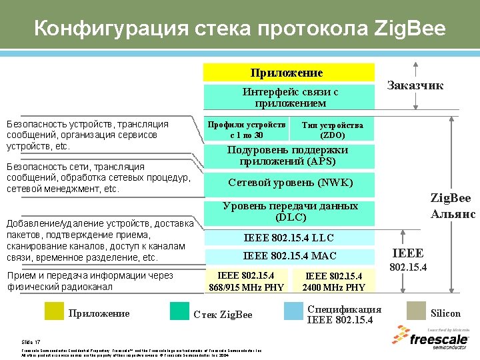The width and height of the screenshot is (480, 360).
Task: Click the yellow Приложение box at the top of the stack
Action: [x=287, y=73]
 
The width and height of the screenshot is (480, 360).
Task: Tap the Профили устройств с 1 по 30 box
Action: [x=246, y=130]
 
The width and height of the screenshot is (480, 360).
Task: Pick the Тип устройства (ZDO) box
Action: [x=331, y=130]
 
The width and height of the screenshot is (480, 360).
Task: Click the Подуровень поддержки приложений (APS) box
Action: [x=287, y=156]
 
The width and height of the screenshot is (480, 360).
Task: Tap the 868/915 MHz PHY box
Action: [x=246, y=281]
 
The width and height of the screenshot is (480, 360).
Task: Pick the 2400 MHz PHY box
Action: [x=333, y=281]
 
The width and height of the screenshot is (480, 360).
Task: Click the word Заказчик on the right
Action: [x=415, y=85]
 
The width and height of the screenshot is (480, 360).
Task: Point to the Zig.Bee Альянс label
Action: [x=452, y=206]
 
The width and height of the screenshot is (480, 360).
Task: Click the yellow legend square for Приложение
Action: [x=54, y=312]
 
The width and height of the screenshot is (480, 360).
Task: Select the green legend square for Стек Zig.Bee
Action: [x=179, y=312]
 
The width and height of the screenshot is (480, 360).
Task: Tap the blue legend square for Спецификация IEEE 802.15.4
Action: [x=293, y=312]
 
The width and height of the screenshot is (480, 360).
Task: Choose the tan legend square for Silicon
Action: [x=415, y=312]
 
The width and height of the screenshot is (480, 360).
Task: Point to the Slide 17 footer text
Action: [x=31, y=341]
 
